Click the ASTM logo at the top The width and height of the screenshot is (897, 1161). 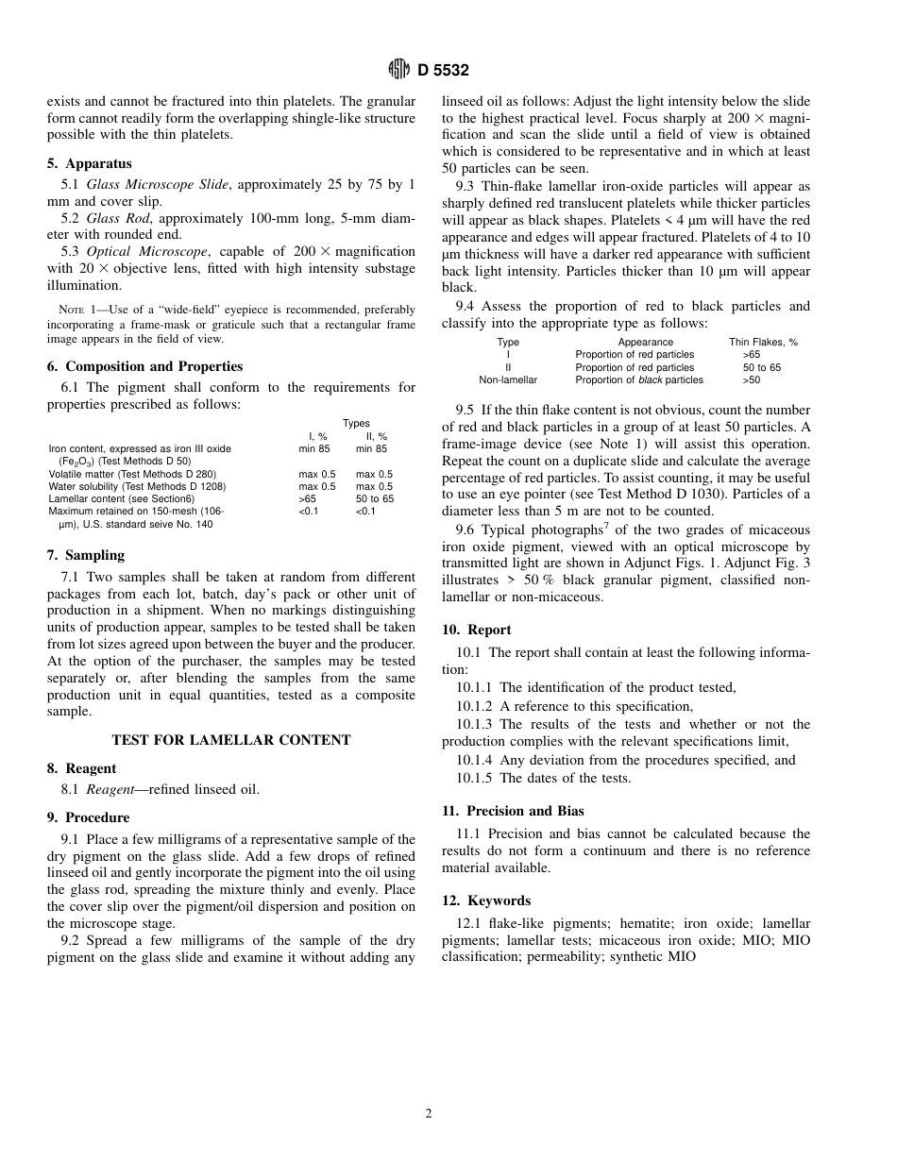[398, 69]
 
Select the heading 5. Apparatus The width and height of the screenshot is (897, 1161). [90, 163]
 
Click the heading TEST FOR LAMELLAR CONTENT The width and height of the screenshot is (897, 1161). [231, 740]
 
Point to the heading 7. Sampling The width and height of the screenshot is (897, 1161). [86, 555]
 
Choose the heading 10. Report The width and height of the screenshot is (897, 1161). [477, 630]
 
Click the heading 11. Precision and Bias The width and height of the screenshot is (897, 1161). [513, 811]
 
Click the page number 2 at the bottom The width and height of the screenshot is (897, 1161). [429, 1114]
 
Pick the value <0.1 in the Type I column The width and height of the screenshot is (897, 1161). [309, 512]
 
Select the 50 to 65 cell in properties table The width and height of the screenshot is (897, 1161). [375, 498]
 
